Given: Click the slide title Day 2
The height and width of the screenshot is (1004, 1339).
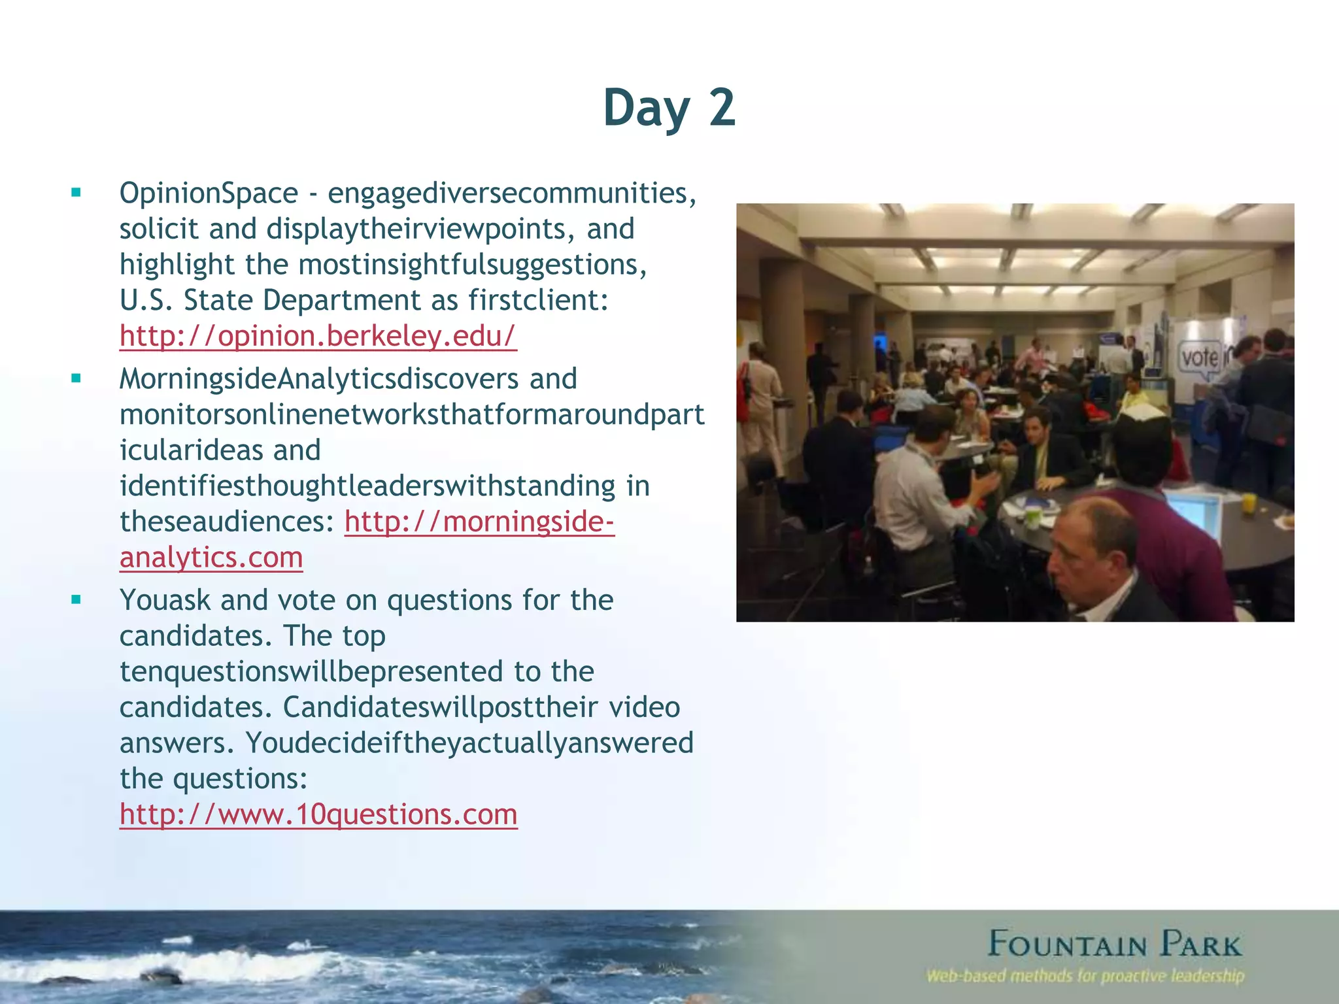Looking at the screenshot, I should [669, 108].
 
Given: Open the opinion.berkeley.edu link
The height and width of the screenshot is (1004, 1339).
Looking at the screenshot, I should [318, 336].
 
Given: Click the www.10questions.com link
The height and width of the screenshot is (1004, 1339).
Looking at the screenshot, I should [318, 814].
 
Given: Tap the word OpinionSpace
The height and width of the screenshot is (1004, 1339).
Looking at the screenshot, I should [209, 193].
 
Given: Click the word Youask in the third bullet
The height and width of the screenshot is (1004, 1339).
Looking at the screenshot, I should [165, 600].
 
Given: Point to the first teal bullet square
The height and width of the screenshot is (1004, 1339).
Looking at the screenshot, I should [76, 193].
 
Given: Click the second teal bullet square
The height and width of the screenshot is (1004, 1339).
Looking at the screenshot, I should [76, 378].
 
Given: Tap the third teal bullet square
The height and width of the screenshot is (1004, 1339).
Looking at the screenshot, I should [76, 599].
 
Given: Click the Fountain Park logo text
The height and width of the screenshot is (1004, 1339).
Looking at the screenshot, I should [1114, 945].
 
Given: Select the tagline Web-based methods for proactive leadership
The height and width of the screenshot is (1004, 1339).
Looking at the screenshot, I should [1085, 977].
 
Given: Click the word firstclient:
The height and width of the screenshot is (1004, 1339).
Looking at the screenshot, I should [538, 301].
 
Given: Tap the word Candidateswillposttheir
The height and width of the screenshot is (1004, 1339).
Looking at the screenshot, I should [441, 707].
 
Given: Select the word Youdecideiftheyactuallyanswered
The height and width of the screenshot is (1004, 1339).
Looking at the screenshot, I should [469, 743].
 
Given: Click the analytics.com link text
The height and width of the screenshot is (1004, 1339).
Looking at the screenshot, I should [211, 558].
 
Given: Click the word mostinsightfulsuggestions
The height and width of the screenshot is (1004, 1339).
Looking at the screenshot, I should [472, 265].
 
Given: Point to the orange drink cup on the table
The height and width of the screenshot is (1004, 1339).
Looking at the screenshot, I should [1249, 503].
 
